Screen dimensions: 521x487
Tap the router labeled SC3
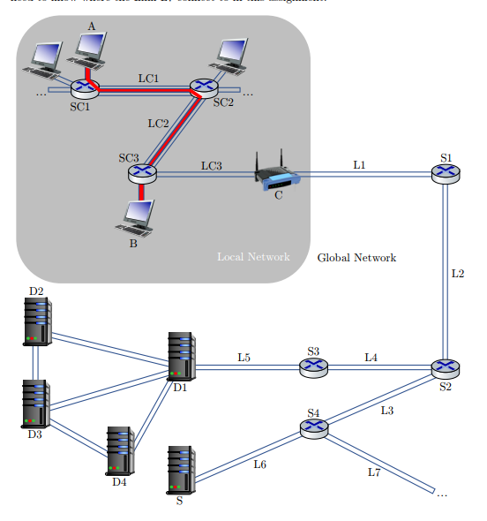[x=141, y=172]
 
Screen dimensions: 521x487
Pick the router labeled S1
[x=446, y=172]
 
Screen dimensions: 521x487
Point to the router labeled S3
[x=313, y=366]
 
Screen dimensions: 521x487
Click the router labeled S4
[x=313, y=428]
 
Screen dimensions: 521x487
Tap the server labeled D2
[x=36, y=321]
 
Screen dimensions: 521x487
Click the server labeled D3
[x=36, y=404]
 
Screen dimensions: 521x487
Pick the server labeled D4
[x=120, y=451]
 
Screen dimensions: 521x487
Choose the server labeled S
[x=180, y=471]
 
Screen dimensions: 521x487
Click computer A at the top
[x=90, y=48]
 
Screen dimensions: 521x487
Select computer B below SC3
[x=138, y=216]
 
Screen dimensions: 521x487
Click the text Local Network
[x=253, y=257]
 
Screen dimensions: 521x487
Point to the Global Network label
[x=356, y=258]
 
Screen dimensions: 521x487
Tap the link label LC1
[x=148, y=78]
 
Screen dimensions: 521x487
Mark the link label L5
[x=243, y=358]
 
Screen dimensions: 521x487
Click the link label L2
[x=457, y=274]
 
